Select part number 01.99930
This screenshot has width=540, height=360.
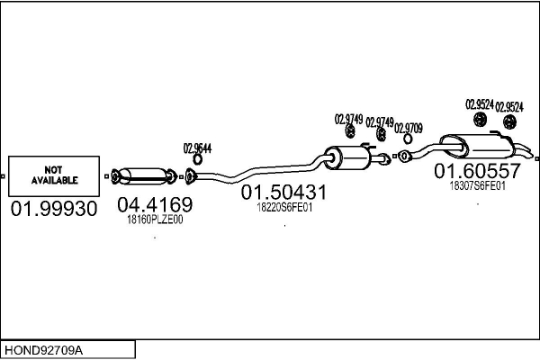54,209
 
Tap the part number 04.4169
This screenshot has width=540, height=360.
155,204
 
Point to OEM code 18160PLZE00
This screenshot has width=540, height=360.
155,220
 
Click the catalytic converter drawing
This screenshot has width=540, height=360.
144,176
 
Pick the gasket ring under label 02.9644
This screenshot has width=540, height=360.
197,159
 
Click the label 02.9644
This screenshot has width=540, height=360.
197,148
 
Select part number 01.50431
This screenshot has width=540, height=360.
283,193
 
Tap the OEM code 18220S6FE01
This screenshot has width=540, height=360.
284,208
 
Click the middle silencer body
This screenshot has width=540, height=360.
347,157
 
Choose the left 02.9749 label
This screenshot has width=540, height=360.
348,119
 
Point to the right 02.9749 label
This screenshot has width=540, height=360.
380,122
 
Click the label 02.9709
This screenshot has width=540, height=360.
408,129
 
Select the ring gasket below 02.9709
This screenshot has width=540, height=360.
408,139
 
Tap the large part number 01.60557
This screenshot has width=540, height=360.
477,171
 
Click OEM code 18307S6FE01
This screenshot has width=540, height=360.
477,186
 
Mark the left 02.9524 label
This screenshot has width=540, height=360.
480,104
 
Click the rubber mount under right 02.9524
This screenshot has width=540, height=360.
509,122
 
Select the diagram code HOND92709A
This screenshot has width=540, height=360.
43,351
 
